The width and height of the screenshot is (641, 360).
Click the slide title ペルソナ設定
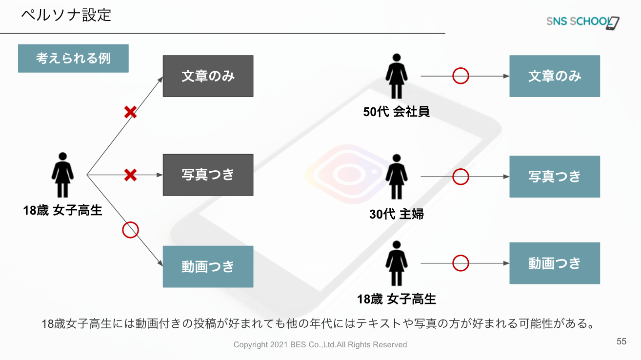coord(66,15)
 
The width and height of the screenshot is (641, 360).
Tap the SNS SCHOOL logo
coord(582,22)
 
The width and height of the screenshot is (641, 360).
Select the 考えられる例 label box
coord(73,59)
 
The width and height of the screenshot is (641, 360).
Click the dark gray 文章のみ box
coord(208,76)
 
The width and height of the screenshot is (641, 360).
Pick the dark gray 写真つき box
coord(208,175)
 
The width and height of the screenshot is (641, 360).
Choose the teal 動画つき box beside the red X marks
coord(208,266)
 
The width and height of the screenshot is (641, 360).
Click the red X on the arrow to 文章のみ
coord(130,113)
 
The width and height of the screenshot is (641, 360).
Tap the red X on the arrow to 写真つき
coord(130,175)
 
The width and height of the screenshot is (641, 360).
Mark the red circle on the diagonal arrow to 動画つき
coord(130,230)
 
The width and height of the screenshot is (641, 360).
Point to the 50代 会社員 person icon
coord(396,76)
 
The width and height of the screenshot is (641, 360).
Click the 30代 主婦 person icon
coord(396,177)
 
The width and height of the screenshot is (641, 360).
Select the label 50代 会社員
coord(396,112)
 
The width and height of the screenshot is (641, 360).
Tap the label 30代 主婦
coord(396,214)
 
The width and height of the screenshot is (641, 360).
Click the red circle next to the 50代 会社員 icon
coord(461,76)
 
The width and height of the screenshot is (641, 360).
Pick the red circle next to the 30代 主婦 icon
coord(461,177)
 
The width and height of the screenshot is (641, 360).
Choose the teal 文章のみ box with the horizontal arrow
coord(555,76)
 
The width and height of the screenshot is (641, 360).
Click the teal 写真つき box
coord(555,177)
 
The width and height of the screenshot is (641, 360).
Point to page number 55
coord(621,341)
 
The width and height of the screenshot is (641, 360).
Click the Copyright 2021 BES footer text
coord(320,345)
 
